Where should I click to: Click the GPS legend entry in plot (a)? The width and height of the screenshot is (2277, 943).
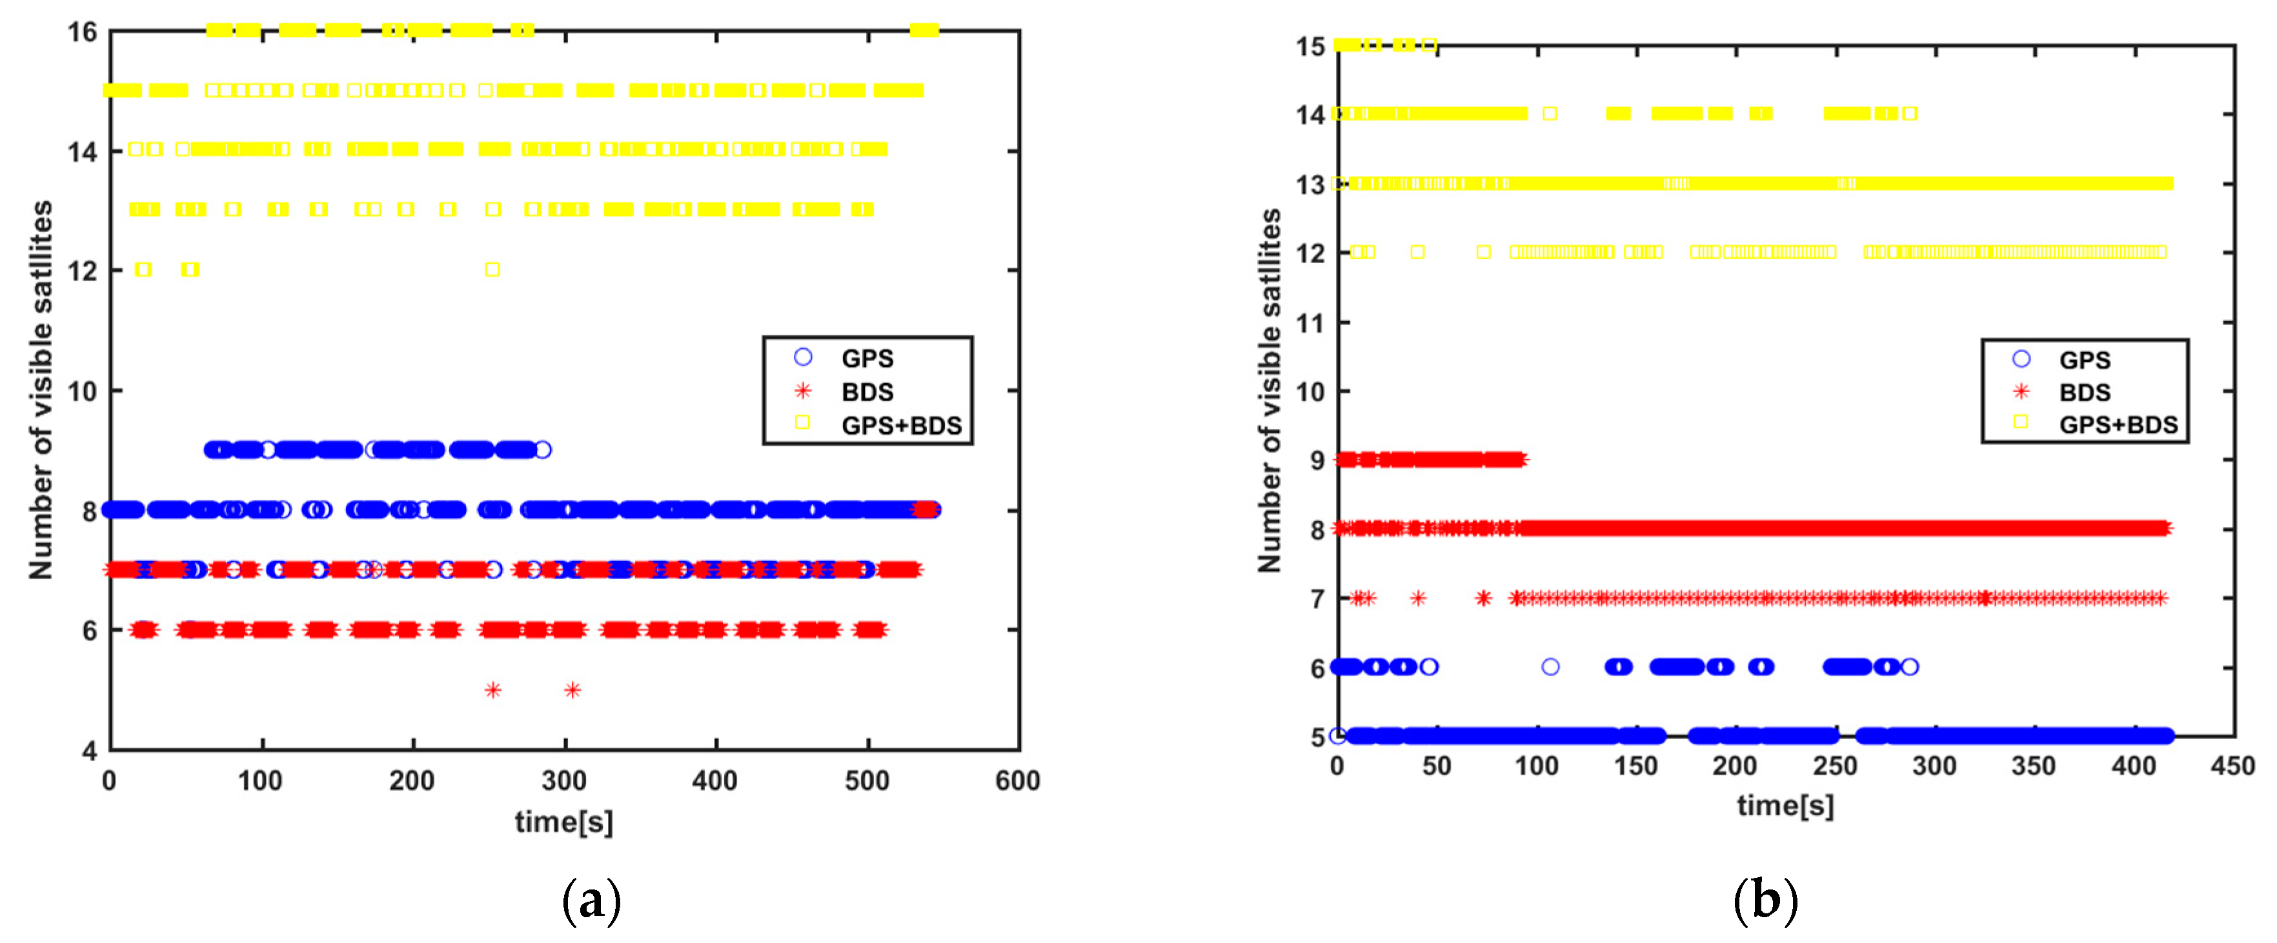pyautogui.click(x=866, y=358)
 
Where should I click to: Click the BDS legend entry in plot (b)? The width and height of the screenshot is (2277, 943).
pyautogui.click(x=2083, y=392)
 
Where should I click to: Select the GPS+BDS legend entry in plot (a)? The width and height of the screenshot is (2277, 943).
pyautogui.click(x=900, y=425)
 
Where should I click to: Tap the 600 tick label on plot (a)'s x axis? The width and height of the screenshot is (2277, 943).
pyautogui.click(x=1017, y=780)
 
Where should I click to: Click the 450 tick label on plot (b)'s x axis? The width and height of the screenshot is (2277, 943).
pyautogui.click(x=2232, y=766)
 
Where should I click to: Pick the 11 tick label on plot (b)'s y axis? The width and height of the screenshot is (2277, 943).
pyautogui.click(x=1310, y=323)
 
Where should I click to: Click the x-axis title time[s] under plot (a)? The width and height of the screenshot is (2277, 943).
pyautogui.click(x=564, y=822)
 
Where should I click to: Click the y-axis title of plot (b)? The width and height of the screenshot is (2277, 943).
pyautogui.click(x=1270, y=391)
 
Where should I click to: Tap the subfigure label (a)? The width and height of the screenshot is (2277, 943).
pyautogui.click(x=591, y=900)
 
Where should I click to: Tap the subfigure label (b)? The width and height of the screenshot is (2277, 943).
pyautogui.click(x=1765, y=900)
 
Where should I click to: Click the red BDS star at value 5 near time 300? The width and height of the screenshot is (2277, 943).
pyautogui.click(x=572, y=690)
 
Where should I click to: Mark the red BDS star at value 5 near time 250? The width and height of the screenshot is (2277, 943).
pyautogui.click(x=493, y=690)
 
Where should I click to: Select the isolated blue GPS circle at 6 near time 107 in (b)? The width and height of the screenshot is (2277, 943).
pyautogui.click(x=1550, y=667)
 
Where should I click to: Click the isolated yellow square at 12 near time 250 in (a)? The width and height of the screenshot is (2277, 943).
pyautogui.click(x=492, y=270)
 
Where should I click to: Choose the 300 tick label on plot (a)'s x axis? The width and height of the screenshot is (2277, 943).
pyautogui.click(x=564, y=780)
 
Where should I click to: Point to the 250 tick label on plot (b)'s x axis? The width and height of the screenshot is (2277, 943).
pyautogui.click(x=1835, y=766)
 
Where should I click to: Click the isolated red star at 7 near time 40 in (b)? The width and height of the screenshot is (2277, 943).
pyautogui.click(x=1418, y=599)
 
